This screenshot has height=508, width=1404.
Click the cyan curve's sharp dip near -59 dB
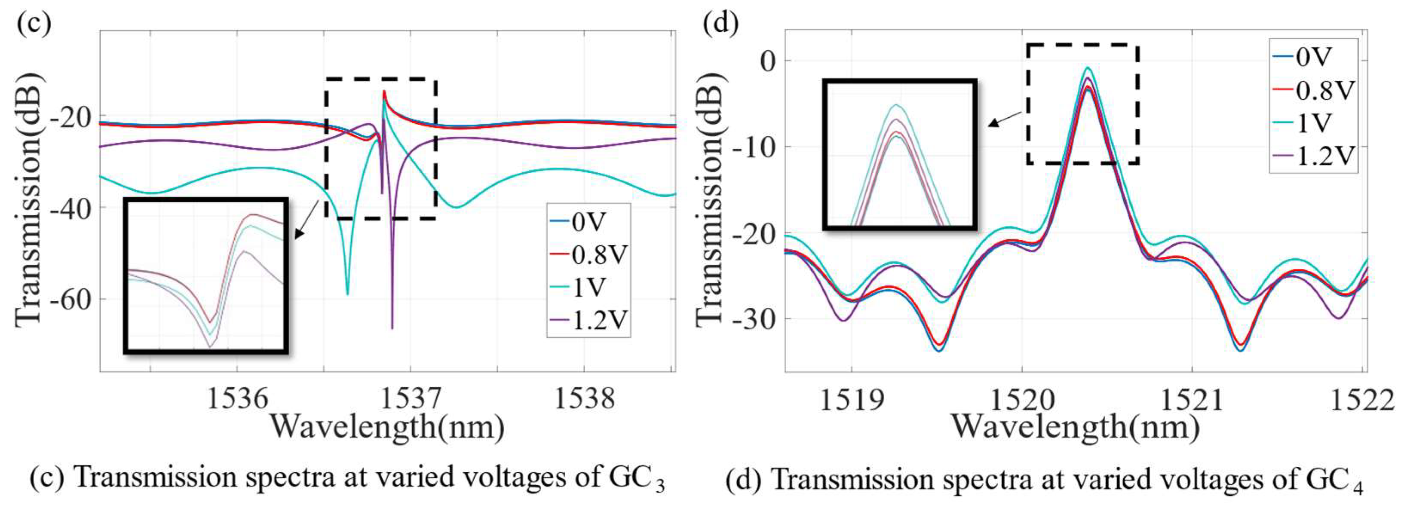click(x=347, y=293)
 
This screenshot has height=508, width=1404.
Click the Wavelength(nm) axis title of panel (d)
click(x=1075, y=427)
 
